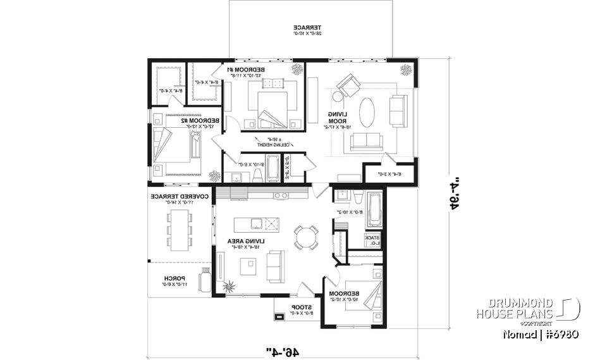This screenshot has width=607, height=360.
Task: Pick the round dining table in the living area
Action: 305,236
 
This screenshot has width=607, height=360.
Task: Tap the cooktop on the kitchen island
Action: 273,223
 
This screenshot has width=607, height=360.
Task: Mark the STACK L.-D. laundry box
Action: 372,240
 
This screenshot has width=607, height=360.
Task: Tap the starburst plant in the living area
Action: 230,285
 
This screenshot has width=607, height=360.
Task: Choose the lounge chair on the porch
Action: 204,280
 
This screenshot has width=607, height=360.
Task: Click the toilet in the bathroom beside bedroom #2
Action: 258,174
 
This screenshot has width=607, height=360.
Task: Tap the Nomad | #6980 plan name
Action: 541,333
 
